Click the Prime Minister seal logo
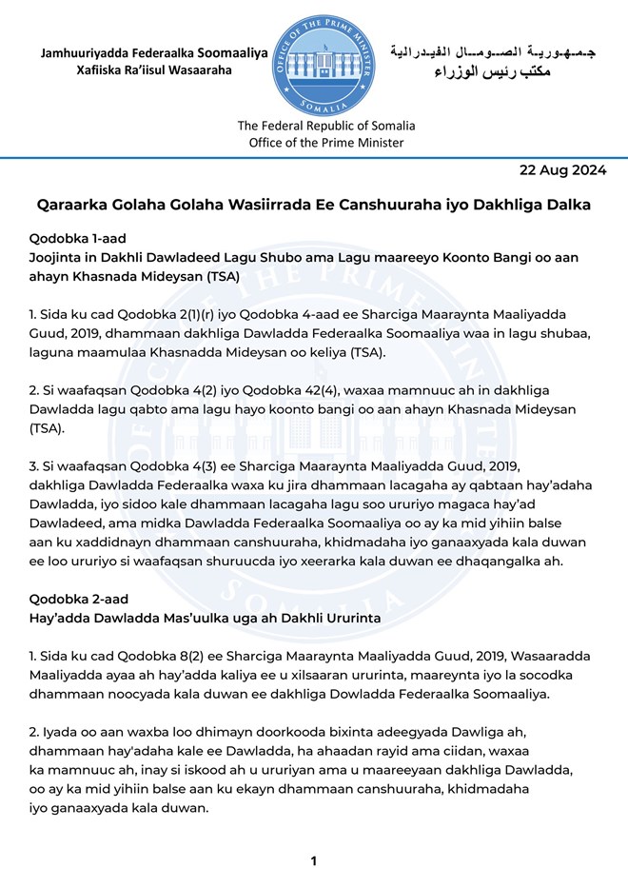tap(325, 64)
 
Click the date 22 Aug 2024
tap(562, 171)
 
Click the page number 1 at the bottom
tap(313, 861)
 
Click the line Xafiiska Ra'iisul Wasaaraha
tap(154, 71)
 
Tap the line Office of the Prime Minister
tap(325, 143)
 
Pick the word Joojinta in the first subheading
tap(63, 258)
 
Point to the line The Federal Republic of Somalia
tap(325, 126)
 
